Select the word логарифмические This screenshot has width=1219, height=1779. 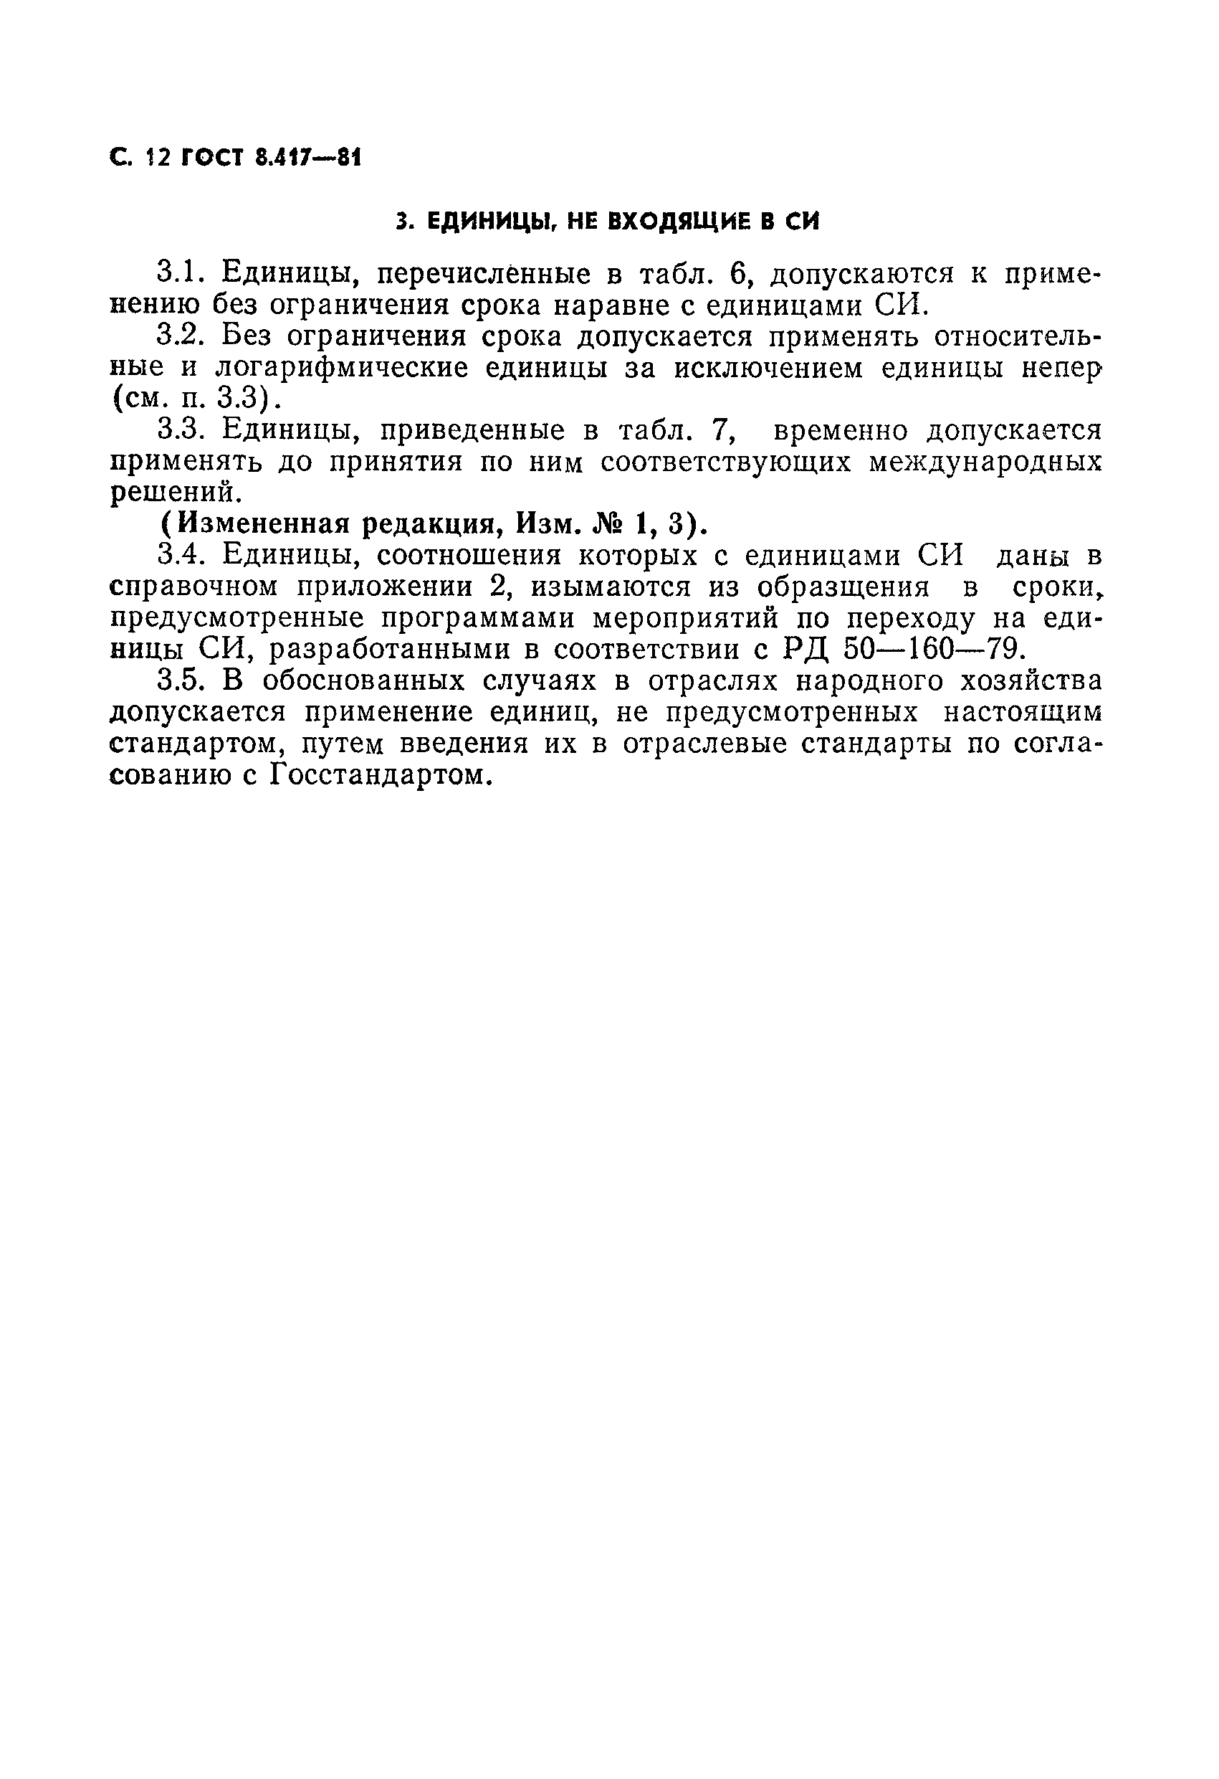(x=341, y=369)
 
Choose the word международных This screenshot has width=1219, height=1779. (x=985, y=463)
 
